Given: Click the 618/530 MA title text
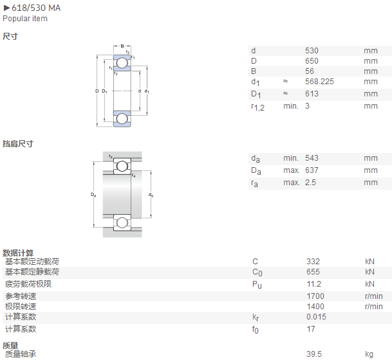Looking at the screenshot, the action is pos(36,8).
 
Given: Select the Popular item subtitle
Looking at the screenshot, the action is pos(25,19).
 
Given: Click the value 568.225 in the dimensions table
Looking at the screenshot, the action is pos(319,82).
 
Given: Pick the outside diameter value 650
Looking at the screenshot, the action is pos(312,61).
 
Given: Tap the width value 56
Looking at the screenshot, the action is pos(310,71).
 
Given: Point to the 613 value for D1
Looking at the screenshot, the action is pos(312,94).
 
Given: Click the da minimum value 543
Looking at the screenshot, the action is pos(312,158).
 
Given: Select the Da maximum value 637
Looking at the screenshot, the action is pos(312,170).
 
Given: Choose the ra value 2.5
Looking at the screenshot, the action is pos(310,183).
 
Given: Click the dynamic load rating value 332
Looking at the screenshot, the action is pos(313,262).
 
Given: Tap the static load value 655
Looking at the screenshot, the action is pos(313,272).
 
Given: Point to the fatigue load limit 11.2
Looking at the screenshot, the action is pos(313,284).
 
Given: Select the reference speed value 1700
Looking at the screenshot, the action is pos(315,296).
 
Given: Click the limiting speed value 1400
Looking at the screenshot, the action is pos(315,307).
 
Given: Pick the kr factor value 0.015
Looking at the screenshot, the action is pos(316,317).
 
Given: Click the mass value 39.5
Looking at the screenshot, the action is pos(314,354).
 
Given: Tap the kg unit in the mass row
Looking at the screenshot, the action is pos(369,354).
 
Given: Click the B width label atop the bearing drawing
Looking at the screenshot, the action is pos(122,46).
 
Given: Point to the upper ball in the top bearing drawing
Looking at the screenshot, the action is pos(122,63).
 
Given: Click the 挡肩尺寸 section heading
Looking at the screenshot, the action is pos(18,144).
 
